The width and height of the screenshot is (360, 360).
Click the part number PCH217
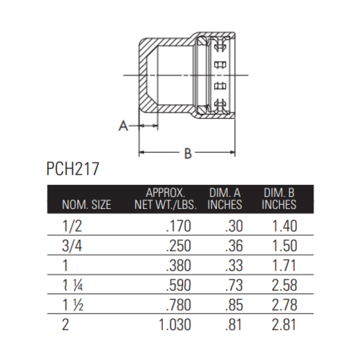pos(72,170)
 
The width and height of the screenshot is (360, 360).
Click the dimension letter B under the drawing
pos(188,153)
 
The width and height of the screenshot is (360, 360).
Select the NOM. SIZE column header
pos(86,205)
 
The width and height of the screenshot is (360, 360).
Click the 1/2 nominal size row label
pos(71,226)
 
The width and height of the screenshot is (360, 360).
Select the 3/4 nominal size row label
pos(71,245)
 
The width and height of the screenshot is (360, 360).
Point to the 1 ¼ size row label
pos(71,285)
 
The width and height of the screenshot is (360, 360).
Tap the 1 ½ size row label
pos(71,305)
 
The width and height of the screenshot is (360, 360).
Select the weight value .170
pos(179,226)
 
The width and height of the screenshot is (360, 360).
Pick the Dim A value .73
pos(234,285)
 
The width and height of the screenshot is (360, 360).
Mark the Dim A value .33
pos(234,265)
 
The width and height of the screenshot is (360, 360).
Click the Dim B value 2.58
pos(285,285)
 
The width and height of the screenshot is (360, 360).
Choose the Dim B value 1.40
pos(285,226)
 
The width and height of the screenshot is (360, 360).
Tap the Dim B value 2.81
pos(285,324)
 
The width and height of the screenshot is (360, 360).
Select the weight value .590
pos(179,285)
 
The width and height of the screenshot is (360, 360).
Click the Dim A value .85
pos(234,305)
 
